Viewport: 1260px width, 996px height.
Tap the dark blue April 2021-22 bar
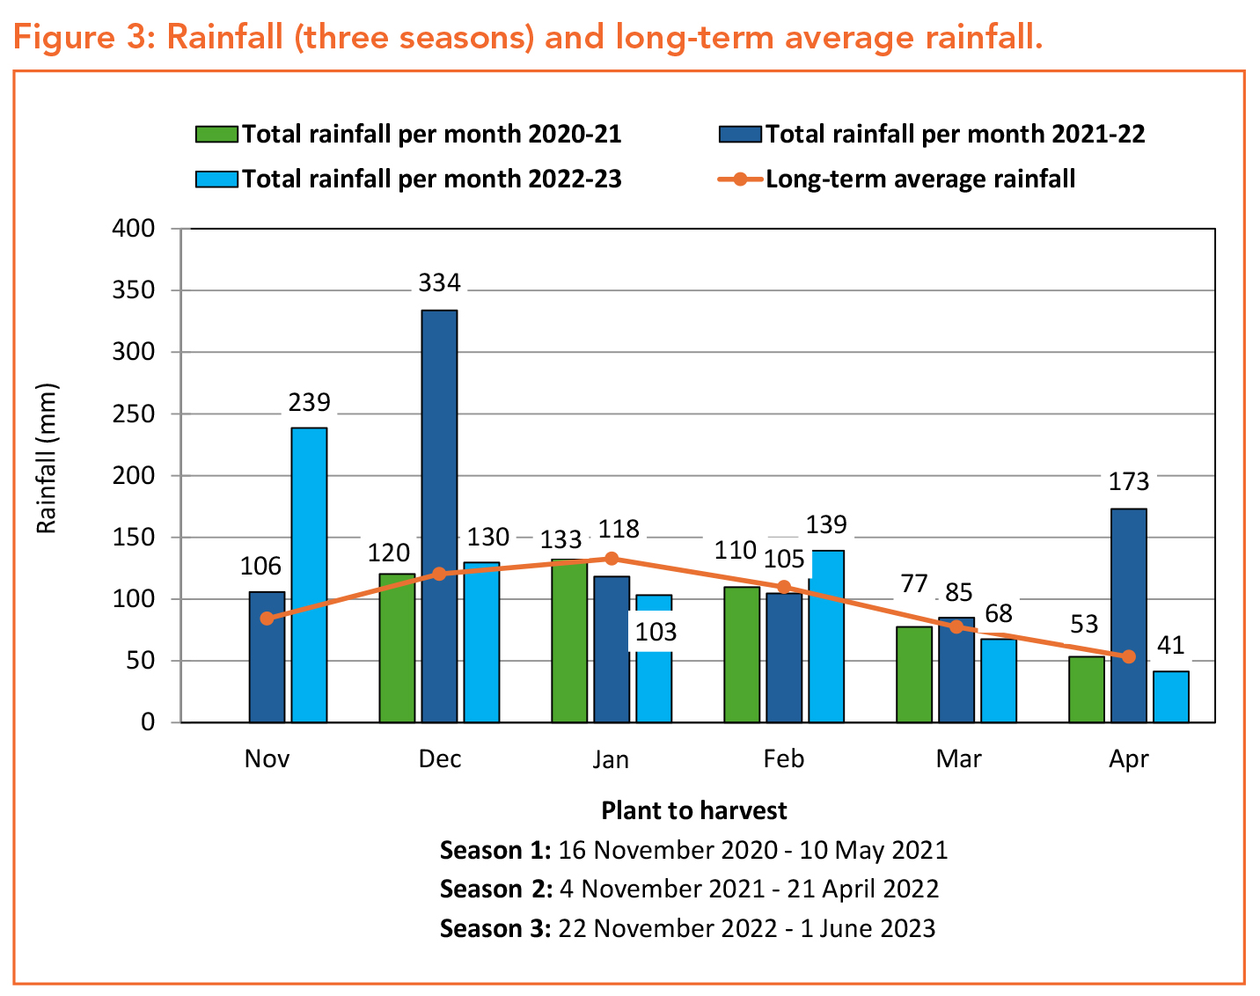click(1129, 615)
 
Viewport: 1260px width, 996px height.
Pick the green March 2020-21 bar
click(914, 674)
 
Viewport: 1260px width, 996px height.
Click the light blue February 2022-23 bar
click(826, 636)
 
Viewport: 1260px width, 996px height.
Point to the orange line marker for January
click(612, 559)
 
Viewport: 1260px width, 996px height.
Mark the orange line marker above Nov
click(267, 619)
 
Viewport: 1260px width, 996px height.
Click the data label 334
click(439, 283)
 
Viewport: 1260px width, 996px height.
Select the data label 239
click(309, 402)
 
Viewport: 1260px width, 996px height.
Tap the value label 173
click(1129, 482)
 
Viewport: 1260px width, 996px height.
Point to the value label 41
click(1170, 646)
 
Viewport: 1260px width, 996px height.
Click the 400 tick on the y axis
click(134, 229)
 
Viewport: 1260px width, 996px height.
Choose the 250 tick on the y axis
click(134, 414)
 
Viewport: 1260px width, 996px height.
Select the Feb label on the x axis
click(783, 758)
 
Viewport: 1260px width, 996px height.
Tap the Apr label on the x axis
click(1129, 758)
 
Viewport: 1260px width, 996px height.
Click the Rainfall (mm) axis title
click(47, 458)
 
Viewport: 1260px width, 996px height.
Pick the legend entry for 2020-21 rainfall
click(408, 134)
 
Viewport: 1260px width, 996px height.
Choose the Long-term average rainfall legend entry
click(897, 179)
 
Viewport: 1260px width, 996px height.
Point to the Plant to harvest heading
click(694, 810)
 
